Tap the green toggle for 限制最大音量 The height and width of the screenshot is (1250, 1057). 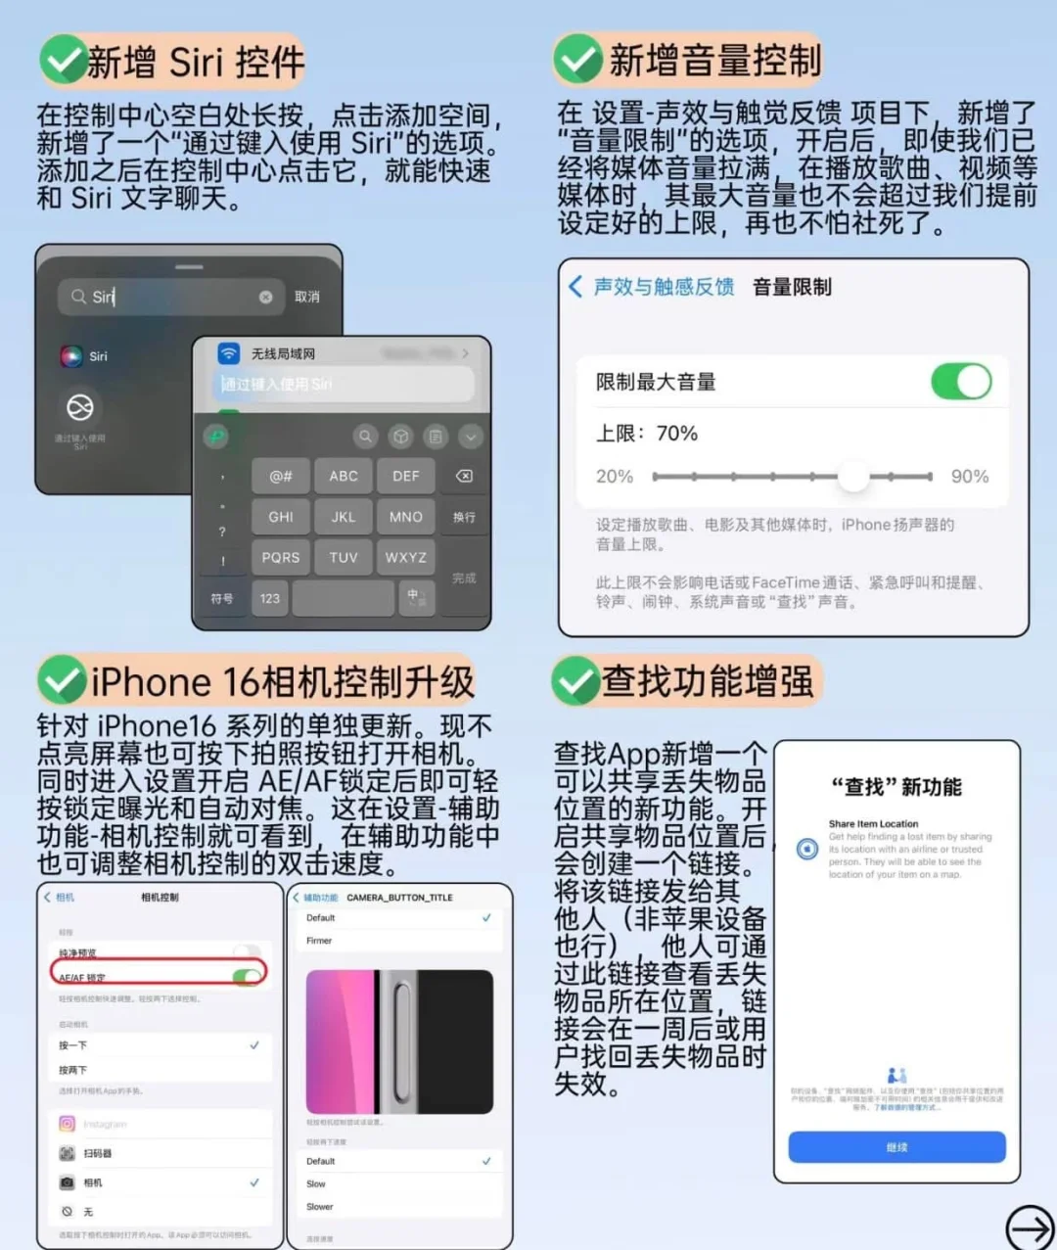coord(961,382)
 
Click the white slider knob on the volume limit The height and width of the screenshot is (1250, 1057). coord(853,477)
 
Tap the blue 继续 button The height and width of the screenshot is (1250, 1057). coord(896,1147)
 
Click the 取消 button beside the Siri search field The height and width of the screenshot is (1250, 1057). coord(307,297)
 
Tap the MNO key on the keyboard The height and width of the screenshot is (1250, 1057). coord(406,517)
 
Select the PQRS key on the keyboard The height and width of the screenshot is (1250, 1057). coord(281,557)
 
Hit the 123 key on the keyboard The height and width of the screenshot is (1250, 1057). coord(270,598)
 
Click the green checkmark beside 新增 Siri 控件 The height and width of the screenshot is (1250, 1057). coord(63,61)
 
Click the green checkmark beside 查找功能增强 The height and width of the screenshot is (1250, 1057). coord(574,680)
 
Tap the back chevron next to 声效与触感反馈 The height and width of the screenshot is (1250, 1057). coord(575,287)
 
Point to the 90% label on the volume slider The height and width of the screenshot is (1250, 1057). coord(969,477)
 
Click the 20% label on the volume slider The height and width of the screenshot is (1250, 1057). coord(615,477)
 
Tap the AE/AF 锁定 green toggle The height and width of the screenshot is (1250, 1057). coord(247,976)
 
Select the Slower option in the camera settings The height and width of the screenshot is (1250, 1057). coord(320,1207)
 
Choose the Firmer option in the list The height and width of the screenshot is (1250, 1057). coord(319,941)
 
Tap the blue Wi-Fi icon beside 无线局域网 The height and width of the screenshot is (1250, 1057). coord(229,353)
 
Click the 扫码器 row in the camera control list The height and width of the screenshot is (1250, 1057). coord(98,1154)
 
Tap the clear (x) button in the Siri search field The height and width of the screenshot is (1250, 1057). coord(265,297)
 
